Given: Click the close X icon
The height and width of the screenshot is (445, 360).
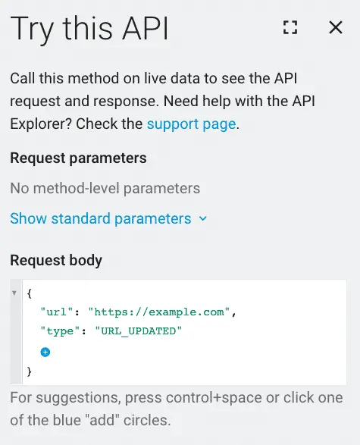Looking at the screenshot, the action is tap(336, 27).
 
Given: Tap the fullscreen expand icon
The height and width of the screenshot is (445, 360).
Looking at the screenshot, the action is tap(290, 27).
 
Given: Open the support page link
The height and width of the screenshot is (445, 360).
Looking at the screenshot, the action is tap(191, 124).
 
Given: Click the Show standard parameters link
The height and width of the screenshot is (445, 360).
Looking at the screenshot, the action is tap(101, 218).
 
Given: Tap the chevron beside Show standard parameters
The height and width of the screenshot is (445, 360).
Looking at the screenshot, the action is tap(203, 218).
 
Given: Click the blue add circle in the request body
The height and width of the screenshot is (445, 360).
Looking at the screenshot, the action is tap(45, 353).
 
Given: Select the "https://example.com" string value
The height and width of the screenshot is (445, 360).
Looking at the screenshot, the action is tap(159, 312).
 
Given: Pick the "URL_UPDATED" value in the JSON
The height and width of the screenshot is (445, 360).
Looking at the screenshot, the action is tap(139, 331).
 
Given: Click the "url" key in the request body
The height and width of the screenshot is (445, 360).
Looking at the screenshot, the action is tap(57, 312).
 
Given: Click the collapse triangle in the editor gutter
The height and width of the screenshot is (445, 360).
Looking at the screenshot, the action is tap(14, 293).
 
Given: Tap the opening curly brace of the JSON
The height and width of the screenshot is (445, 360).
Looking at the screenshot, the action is tap(30, 293).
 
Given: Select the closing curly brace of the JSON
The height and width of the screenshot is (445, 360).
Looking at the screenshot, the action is tap(30, 371).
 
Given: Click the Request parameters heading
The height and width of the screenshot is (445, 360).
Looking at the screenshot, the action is tap(78, 158).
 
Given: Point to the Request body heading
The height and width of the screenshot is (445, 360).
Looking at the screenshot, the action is tap(56, 260).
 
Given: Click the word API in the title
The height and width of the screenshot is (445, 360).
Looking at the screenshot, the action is tap(146, 28).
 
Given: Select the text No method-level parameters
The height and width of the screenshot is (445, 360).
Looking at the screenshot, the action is tap(105, 188).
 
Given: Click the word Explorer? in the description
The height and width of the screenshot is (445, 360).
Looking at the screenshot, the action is tap(41, 124).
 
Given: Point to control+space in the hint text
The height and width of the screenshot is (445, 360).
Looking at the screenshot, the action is tap(214, 397).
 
